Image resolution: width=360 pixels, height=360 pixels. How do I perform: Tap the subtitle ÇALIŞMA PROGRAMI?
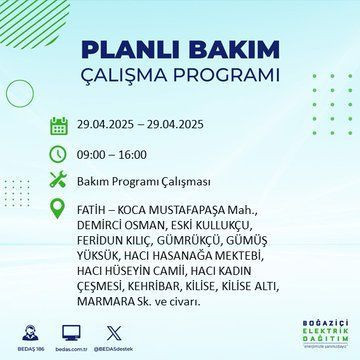pyautogui.click(x=180, y=76)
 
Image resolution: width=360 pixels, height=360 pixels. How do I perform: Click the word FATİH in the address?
pyautogui.click(x=93, y=212)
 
